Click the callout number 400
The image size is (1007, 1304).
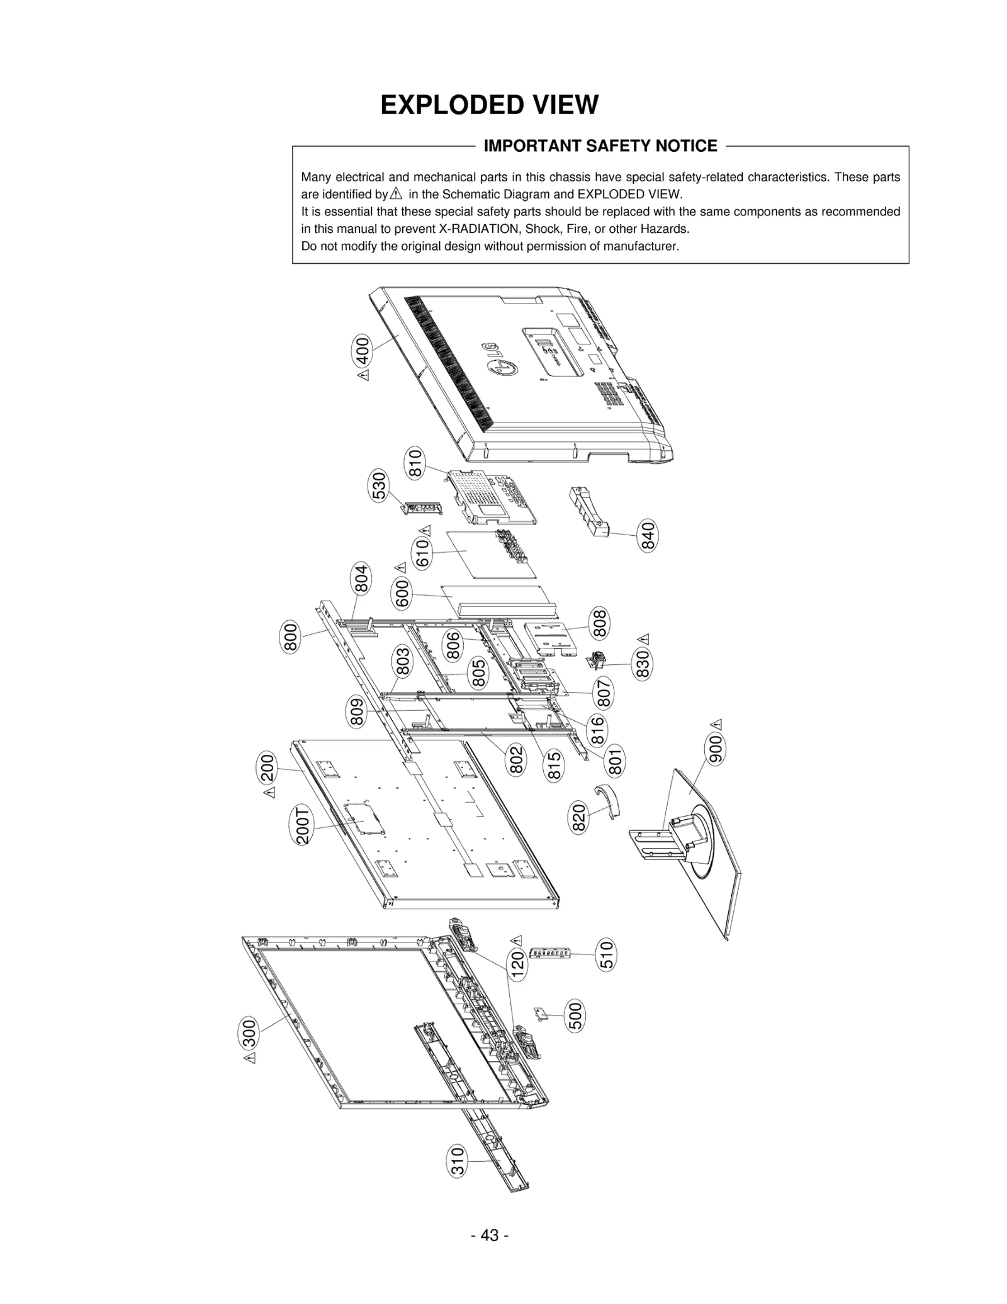[363, 351]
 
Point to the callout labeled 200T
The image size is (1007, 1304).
[303, 825]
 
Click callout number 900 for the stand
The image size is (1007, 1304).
[716, 749]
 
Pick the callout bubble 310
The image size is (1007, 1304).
[458, 1160]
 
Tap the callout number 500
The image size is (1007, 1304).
[575, 1016]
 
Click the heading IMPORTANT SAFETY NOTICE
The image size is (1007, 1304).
[600, 146]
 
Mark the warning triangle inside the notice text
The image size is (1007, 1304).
[396, 194]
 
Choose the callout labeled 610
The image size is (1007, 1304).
[423, 553]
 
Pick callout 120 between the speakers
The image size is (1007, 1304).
[517, 965]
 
